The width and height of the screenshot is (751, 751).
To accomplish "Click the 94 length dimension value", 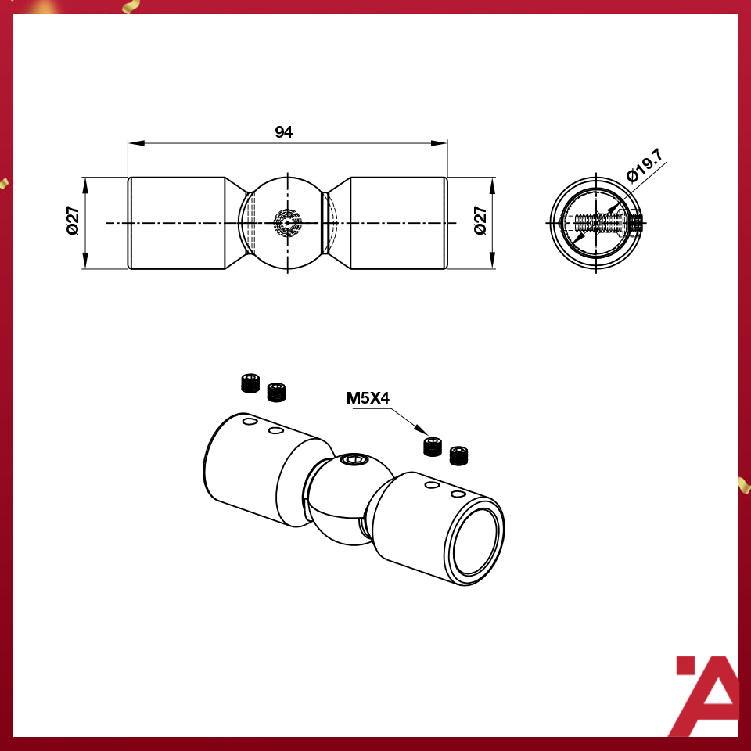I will click(x=283, y=132).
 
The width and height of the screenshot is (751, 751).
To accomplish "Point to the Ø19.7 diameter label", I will click(x=645, y=166).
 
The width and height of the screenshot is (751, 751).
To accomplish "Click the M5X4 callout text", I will click(x=368, y=398).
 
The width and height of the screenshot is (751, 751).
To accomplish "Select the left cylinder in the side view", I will click(x=177, y=223).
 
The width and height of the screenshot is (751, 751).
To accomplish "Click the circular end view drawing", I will click(x=596, y=223).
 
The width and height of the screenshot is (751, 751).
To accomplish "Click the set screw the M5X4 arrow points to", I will click(x=433, y=447).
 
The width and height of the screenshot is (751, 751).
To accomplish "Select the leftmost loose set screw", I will click(x=249, y=383).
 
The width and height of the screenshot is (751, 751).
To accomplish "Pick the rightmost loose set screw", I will click(x=459, y=455).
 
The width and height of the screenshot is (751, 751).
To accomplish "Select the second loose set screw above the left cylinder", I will click(x=276, y=391).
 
